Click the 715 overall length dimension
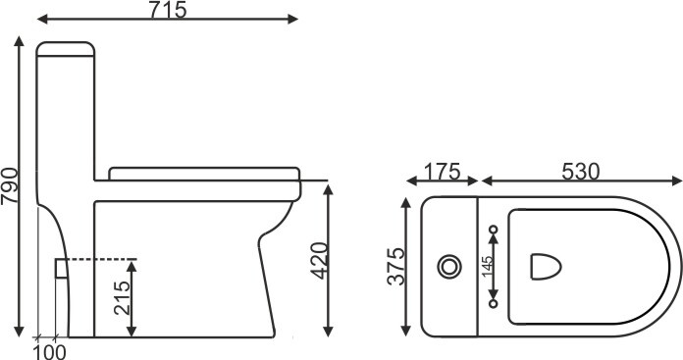pyautogui.click(x=168, y=10)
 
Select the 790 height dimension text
pyautogui.click(x=10, y=185)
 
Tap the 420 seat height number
pyautogui.click(x=319, y=260)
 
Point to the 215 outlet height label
pyautogui.click(x=122, y=298)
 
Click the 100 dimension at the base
pyautogui.click(x=50, y=352)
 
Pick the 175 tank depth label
pyautogui.click(x=442, y=171)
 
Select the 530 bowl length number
pyautogui.click(x=581, y=172)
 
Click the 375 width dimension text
pyautogui.click(x=395, y=267)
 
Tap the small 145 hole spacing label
pyautogui.click(x=488, y=266)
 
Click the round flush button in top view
pyautogui.click(x=449, y=267)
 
